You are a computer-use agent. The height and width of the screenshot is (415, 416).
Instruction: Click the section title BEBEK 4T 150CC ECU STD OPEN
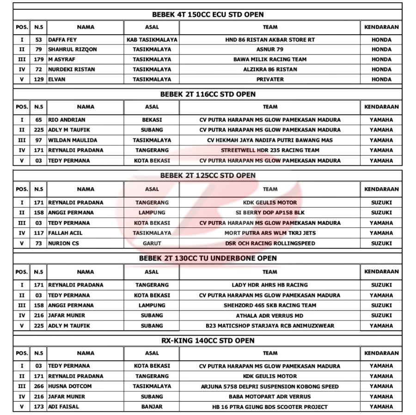(x=208, y=14)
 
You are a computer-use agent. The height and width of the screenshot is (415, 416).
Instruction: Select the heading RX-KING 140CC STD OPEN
(x=208, y=341)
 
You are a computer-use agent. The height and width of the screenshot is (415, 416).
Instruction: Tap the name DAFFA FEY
(x=63, y=40)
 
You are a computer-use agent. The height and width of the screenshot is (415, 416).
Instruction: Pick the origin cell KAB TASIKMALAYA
(x=152, y=40)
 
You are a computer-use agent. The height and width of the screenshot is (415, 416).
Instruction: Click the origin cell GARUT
(x=152, y=243)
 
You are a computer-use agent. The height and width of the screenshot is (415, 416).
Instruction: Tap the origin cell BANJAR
(x=152, y=407)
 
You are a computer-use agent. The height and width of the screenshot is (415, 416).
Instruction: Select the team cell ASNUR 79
(x=270, y=49)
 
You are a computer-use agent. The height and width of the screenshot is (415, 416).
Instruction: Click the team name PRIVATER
(x=270, y=79)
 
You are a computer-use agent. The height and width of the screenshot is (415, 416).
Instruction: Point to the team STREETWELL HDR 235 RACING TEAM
(x=270, y=150)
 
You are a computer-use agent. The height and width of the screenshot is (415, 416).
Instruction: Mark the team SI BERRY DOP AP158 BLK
(x=270, y=213)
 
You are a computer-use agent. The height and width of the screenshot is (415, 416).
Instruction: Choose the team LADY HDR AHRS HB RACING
(x=270, y=285)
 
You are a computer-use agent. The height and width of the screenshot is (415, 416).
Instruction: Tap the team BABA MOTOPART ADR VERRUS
(x=270, y=397)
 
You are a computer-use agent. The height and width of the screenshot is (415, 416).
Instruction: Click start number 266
(x=39, y=386)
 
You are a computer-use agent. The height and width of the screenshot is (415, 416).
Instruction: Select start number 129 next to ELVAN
(x=39, y=79)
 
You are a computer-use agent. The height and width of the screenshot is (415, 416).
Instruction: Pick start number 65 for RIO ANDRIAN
(x=39, y=120)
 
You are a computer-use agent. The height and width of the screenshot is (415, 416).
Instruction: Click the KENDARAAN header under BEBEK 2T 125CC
(x=381, y=189)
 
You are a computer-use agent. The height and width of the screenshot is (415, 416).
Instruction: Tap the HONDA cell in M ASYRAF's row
(x=381, y=59)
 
